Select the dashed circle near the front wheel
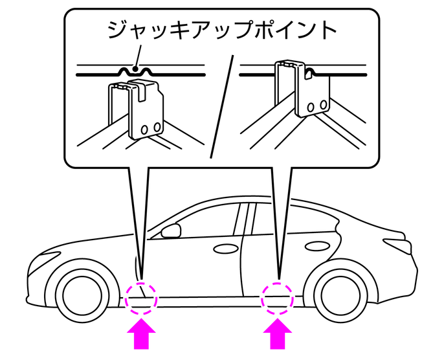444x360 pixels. pyautogui.click(x=142, y=298)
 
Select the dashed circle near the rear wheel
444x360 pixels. pyautogui.click(x=278, y=298)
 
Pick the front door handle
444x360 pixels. pyautogui.click(x=224, y=248)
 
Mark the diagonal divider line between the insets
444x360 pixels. pyautogui.click(x=221, y=107)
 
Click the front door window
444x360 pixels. pyautogui.click(x=206, y=221)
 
